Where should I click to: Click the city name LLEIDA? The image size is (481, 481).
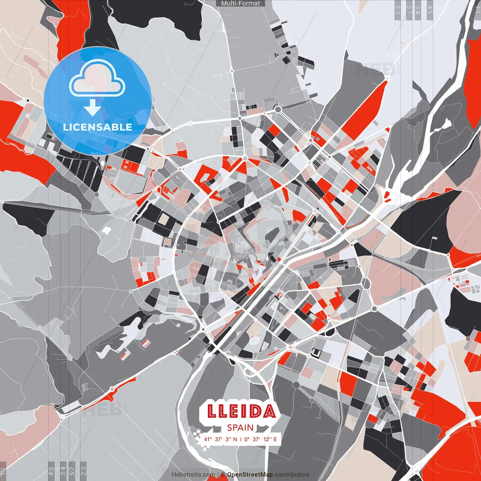point(241,411)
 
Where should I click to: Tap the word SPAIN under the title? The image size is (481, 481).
point(240,428)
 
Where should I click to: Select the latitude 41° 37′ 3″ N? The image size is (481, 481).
point(221,439)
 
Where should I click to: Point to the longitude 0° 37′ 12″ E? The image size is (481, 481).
point(260,439)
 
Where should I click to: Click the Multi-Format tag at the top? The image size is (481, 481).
point(240,3)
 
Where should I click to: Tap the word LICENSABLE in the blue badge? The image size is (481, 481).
point(98,127)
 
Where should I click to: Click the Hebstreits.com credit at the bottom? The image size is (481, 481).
point(193,475)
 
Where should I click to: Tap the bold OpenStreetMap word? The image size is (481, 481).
point(250,475)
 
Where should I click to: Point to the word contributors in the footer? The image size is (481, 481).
point(292,475)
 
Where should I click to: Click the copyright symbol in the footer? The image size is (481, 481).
point(222,475)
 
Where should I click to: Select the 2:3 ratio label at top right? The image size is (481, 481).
point(398,9)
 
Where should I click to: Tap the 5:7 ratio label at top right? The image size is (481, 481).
point(409,9)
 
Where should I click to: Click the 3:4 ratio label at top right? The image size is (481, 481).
point(418,9)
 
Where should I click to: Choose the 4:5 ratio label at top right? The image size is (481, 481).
point(430,9)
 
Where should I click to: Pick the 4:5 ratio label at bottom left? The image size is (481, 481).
point(51,471)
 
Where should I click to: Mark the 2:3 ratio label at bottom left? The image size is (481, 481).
point(83,471)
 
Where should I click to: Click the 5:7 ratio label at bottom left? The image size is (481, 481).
point(72,471)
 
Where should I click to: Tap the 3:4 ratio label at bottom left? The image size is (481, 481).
point(63,471)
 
